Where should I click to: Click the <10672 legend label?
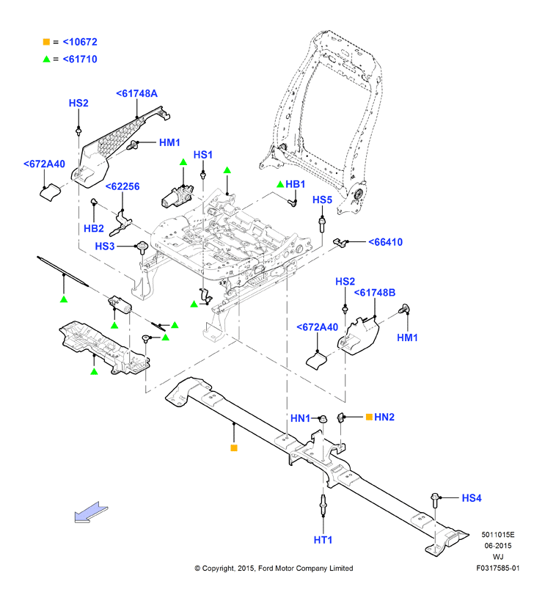80,42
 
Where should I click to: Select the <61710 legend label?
80,59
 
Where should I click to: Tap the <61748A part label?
137,93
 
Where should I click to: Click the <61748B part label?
375,293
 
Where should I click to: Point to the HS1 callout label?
203,155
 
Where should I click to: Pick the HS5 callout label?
322,200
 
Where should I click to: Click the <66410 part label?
386,242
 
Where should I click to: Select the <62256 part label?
122,186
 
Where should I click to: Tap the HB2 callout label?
94,228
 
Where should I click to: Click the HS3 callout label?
105,247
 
